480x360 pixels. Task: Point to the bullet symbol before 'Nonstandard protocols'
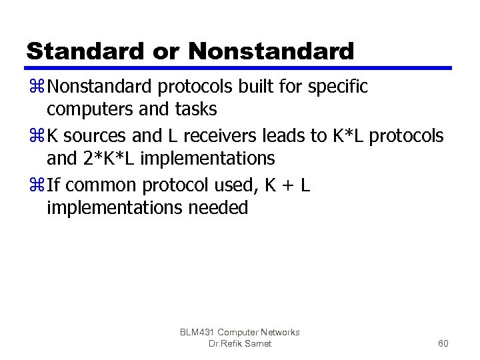(x=36, y=87)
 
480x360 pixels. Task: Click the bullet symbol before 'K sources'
(x=36, y=136)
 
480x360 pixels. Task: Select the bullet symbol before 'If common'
(x=36, y=185)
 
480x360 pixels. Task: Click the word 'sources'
(x=94, y=136)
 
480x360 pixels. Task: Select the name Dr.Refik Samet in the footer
(x=240, y=344)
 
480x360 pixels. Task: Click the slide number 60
(x=443, y=344)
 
